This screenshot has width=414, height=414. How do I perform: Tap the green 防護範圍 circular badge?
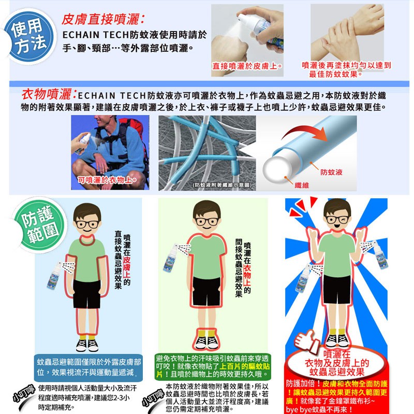point(40,225)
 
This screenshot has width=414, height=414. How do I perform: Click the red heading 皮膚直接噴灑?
point(103,19)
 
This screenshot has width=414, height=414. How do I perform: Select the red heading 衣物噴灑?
point(49,94)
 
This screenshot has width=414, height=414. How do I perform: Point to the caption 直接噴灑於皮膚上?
point(247,66)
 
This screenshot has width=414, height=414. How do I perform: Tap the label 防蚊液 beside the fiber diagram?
point(331,172)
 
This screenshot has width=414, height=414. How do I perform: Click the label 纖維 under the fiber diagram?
point(302,185)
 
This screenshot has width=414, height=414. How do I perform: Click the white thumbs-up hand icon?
point(306,341)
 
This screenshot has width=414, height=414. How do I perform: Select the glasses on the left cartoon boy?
point(87,225)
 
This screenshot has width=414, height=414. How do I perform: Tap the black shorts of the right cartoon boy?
point(337,289)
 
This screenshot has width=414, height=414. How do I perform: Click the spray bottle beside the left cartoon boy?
point(54,276)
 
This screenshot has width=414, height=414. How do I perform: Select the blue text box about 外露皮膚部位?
point(88,367)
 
